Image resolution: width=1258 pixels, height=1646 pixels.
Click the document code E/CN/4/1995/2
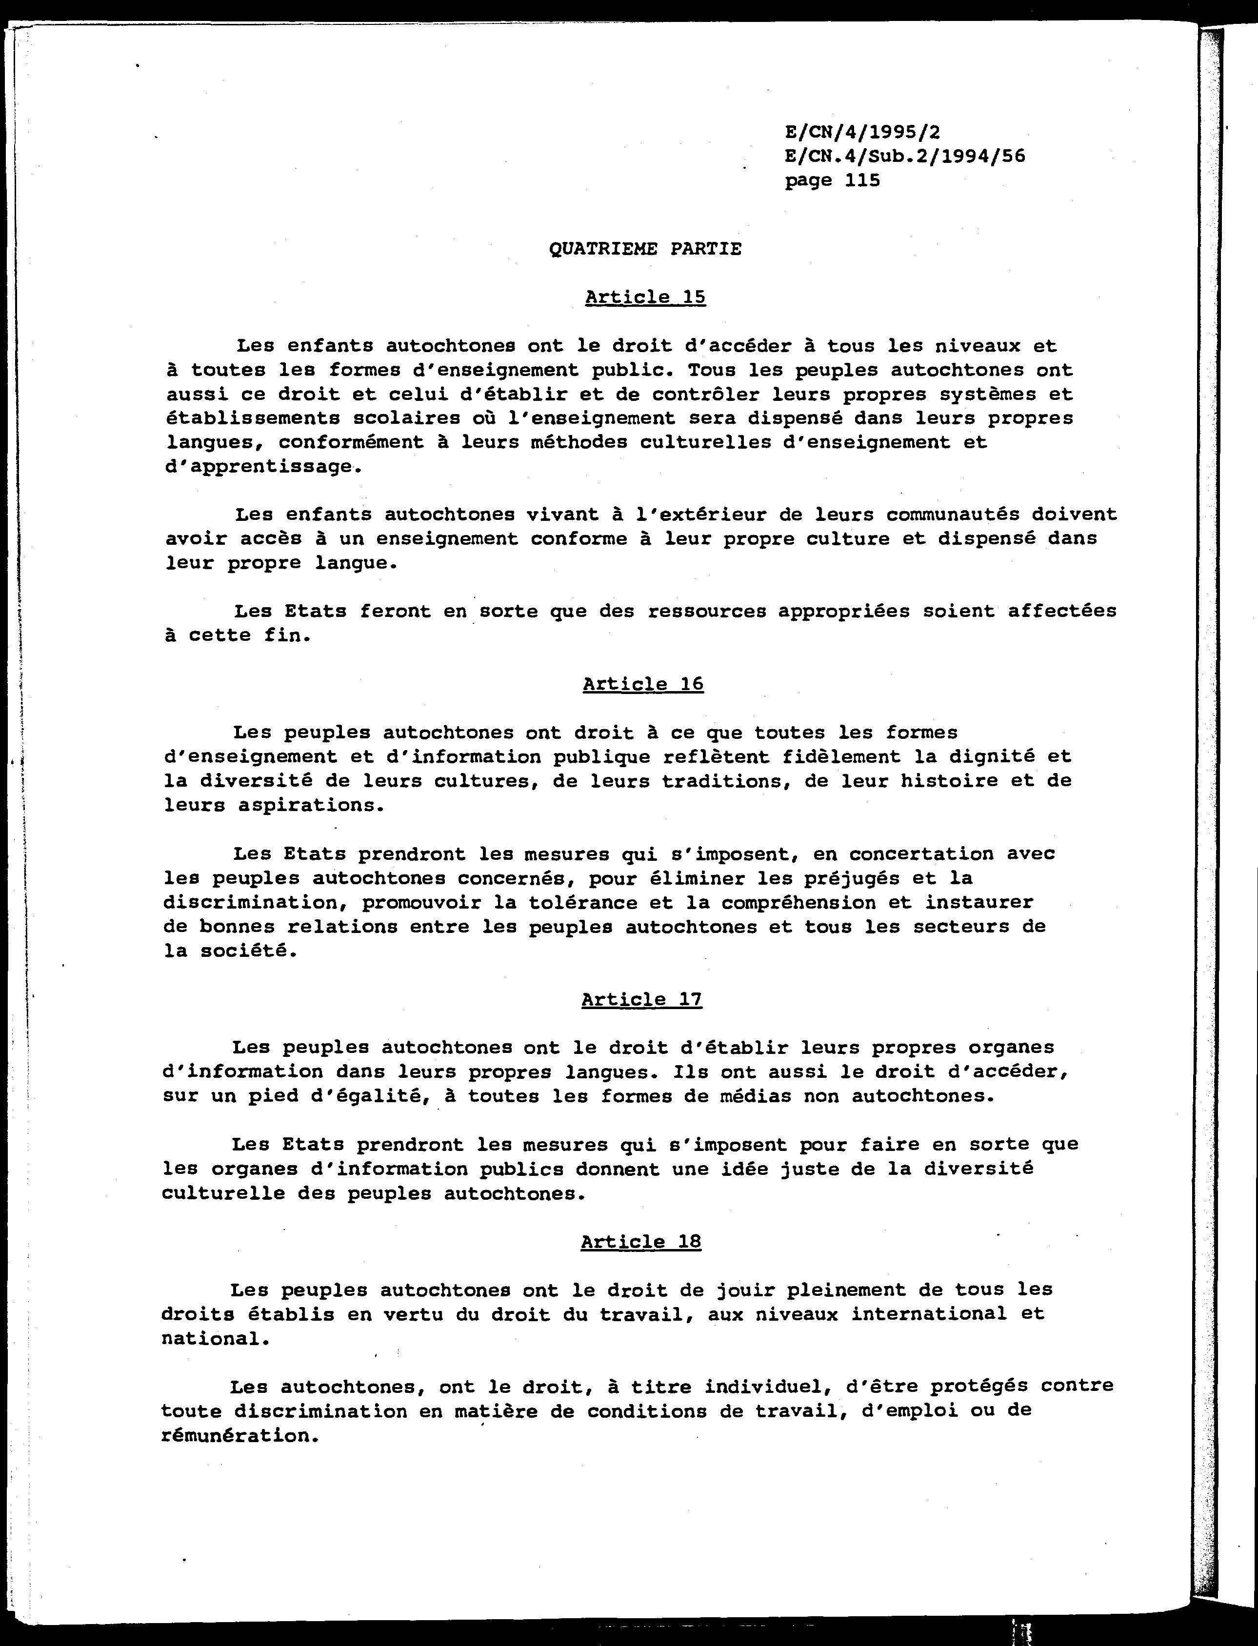tap(862, 133)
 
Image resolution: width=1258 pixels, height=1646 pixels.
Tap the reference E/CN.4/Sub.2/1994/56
tap(904, 157)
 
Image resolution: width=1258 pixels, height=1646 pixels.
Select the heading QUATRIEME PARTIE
tap(645, 249)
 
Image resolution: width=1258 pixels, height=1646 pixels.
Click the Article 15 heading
tap(645, 297)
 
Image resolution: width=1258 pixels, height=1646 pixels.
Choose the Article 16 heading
tap(642, 684)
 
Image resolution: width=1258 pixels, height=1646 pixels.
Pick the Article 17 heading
tap(641, 999)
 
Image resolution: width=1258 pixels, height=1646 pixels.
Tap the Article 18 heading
tap(640, 1242)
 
